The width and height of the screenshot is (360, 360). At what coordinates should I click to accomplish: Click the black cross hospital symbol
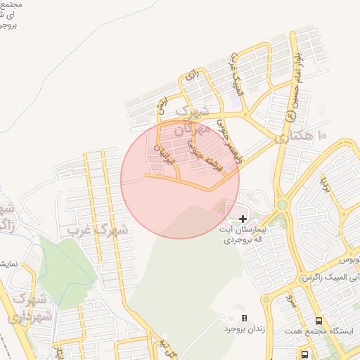243,219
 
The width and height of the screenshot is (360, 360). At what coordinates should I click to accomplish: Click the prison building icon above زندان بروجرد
244,318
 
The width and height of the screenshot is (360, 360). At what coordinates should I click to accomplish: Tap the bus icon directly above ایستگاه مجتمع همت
319,321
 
